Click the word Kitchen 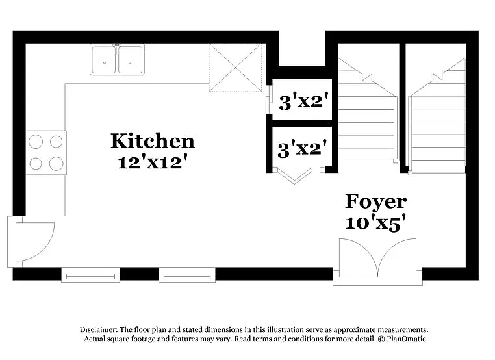152,140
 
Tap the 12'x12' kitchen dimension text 152,162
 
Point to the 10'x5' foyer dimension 375,222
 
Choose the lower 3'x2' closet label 301,149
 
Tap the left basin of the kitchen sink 103,60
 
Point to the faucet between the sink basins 117,47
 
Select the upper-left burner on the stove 36,142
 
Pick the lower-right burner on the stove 57,163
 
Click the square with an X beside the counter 236,68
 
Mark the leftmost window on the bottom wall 90,276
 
